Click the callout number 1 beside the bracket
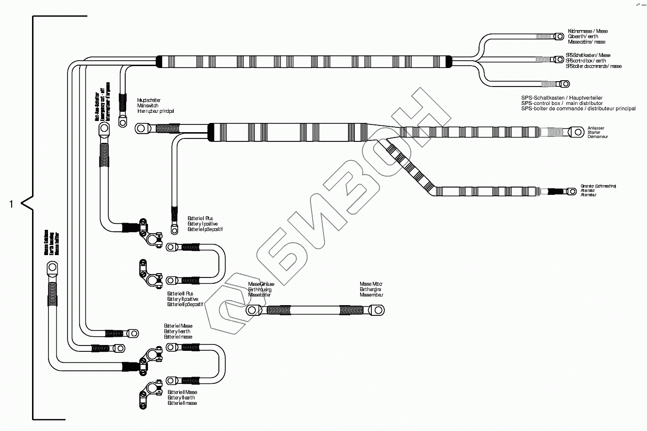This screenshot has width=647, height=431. coord(11,204)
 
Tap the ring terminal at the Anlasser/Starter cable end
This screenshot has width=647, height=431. coord(577,132)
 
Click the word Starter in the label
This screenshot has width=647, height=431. coord(593,132)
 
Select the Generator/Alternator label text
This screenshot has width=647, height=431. coord(598,190)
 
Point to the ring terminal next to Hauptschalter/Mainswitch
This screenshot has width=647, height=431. coord(141,129)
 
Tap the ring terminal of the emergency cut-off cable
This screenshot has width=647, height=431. coord(104,129)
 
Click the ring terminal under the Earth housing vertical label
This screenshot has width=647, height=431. coord(51,267)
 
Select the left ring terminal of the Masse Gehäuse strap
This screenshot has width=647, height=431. coord(252,310)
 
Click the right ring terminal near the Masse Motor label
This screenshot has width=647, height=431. coord(377,309)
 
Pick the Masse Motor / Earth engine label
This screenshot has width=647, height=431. coord(371,290)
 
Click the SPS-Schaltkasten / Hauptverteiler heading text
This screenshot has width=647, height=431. coord(562,98)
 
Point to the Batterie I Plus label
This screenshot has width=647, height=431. coord(200,219)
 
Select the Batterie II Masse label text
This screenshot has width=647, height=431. coord(182,392)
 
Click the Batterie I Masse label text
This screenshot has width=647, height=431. coord(178,326)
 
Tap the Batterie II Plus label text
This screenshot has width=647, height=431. coord(180,293)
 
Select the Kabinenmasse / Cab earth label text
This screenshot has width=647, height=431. coord(587,31)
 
